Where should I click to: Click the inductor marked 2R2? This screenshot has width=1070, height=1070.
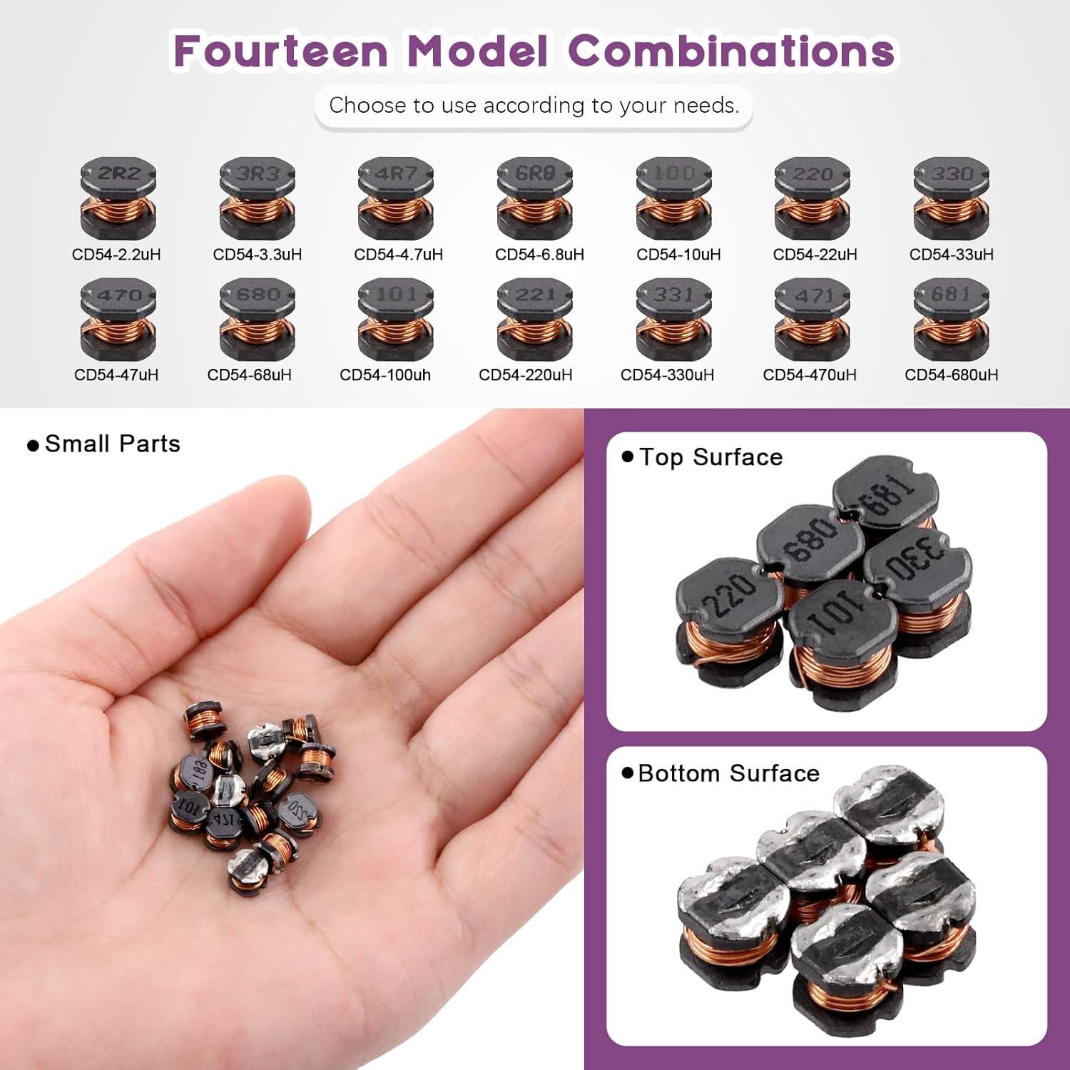pyautogui.click(x=118, y=198)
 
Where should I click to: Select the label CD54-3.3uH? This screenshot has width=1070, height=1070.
pyautogui.click(x=258, y=255)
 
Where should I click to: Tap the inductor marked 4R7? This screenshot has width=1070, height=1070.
pyautogui.click(x=396, y=198)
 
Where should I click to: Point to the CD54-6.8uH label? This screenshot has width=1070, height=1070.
pyautogui.click(x=539, y=255)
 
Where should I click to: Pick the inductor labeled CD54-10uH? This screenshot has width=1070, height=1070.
pyautogui.click(x=674, y=198)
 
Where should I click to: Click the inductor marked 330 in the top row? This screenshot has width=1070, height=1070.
pyautogui.click(x=951, y=198)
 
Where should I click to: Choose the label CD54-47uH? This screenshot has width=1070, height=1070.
pyautogui.click(x=116, y=375)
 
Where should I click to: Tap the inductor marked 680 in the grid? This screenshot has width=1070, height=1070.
pyautogui.click(x=257, y=319)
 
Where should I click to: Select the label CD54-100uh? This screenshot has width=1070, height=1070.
pyautogui.click(x=385, y=375)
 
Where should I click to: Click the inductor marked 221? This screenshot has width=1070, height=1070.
pyautogui.click(x=535, y=319)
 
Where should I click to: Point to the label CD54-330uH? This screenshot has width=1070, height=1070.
pyautogui.click(x=667, y=375)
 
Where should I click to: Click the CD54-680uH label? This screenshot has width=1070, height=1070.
pyautogui.click(x=951, y=375)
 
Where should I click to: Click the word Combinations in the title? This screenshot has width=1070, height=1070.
pyautogui.click(x=731, y=51)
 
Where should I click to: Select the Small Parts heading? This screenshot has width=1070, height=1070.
pyautogui.click(x=112, y=444)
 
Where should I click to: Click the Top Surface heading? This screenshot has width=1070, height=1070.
pyautogui.click(x=710, y=457)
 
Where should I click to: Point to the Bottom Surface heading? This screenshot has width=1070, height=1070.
pyautogui.click(x=728, y=773)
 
